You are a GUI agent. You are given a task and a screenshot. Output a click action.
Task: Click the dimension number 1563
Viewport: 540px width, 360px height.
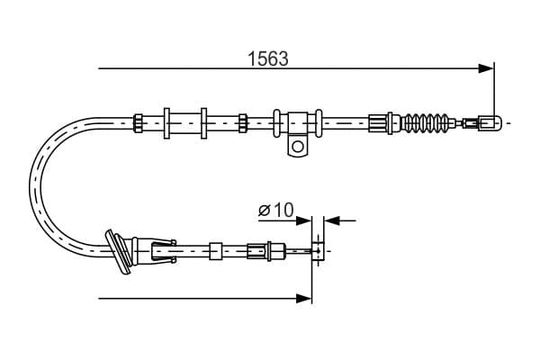pyautogui.click(x=268, y=58)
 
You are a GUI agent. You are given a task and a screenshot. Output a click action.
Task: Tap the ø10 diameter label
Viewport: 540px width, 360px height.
pyautogui.click(x=276, y=210)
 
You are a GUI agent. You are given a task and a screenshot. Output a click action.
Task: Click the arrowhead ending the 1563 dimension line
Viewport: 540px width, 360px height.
pyautogui.click(x=486, y=68)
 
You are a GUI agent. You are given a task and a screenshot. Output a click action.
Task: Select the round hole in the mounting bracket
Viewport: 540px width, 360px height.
pyautogui.click(x=298, y=147)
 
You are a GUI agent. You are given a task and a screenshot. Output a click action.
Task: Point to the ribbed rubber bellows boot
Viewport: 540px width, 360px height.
pyautogui.click(x=427, y=122)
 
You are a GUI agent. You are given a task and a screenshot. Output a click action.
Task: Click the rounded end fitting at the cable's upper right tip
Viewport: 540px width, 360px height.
pyautogui.click(x=490, y=122)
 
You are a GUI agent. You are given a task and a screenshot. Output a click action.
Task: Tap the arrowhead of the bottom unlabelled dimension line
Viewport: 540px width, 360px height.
pyautogui.click(x=304, y=298)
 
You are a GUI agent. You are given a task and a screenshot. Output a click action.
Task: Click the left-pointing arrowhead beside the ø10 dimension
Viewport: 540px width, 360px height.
pyautogui.click(x=332, y=220)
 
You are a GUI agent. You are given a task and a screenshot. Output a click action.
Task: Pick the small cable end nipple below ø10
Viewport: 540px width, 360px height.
pyautogui.click(x=318, y=251)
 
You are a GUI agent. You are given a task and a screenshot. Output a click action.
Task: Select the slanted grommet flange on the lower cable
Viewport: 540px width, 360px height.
pyautogui.click(x=119, y=252)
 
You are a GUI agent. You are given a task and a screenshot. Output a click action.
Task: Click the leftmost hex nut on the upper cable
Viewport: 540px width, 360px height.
pyautogui.click(x=138, y=123)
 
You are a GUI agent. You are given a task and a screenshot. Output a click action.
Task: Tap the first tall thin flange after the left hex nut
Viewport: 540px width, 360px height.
pyautogui.click(x=166, y=123)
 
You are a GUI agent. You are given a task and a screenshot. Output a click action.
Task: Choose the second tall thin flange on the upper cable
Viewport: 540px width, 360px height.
pyautogui.click(x=204, y=123)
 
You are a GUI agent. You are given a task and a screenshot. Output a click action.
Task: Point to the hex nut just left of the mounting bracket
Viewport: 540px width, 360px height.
pyautogui.click(x=243, y=123)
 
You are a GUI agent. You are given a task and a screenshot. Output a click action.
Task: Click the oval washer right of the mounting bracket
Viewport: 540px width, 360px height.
pyautogui.click(x=319, y=123)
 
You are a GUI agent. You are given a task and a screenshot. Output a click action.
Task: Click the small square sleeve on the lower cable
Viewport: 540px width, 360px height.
pyautogui.click(x=216, y=251)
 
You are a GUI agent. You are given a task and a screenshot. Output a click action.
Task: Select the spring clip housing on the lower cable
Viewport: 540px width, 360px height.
pyautogui.click(x=164, y=251)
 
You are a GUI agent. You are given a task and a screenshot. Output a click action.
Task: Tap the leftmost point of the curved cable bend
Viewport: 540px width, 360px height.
pyautogui.click(x=30, y=187)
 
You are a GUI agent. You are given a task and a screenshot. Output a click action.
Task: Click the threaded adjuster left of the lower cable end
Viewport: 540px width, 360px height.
pyautogui.click(x=257, y=251)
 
